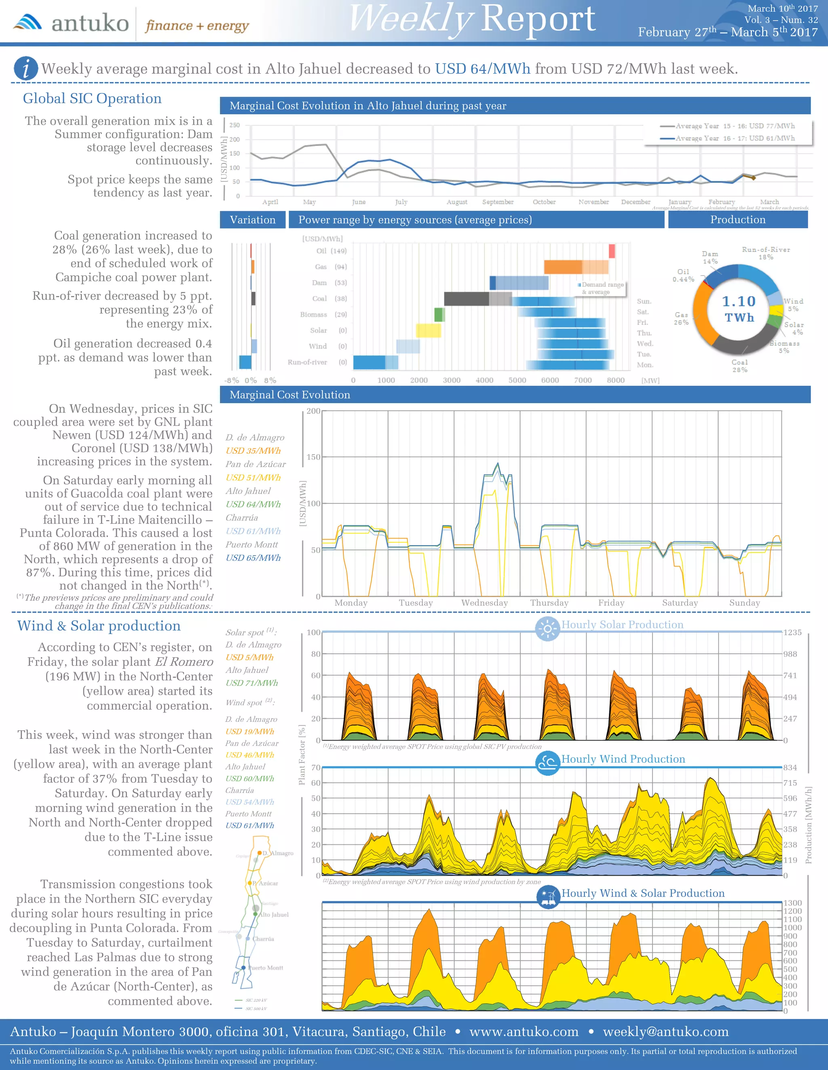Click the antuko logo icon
tap(27, 23)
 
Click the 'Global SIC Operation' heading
tap(92, 99)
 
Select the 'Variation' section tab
tap(253, 220)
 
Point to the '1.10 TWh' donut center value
tap(739, 309)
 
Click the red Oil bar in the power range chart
tap(611, 251)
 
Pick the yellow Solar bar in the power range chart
tap(428, 330)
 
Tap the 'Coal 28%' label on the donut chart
tap(740, 366)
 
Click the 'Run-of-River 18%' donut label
tap(766, 253)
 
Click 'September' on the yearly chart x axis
tap(498, 202)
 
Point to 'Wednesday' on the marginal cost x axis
tap(485, 603)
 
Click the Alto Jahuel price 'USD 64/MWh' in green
tap(253, 504)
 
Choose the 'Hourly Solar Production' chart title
tap(622, 625)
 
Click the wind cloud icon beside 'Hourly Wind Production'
tap(547, 763)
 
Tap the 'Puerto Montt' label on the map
tap(266, 968)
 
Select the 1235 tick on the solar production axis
tap(792, 632)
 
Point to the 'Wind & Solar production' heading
tap(99, 626)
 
